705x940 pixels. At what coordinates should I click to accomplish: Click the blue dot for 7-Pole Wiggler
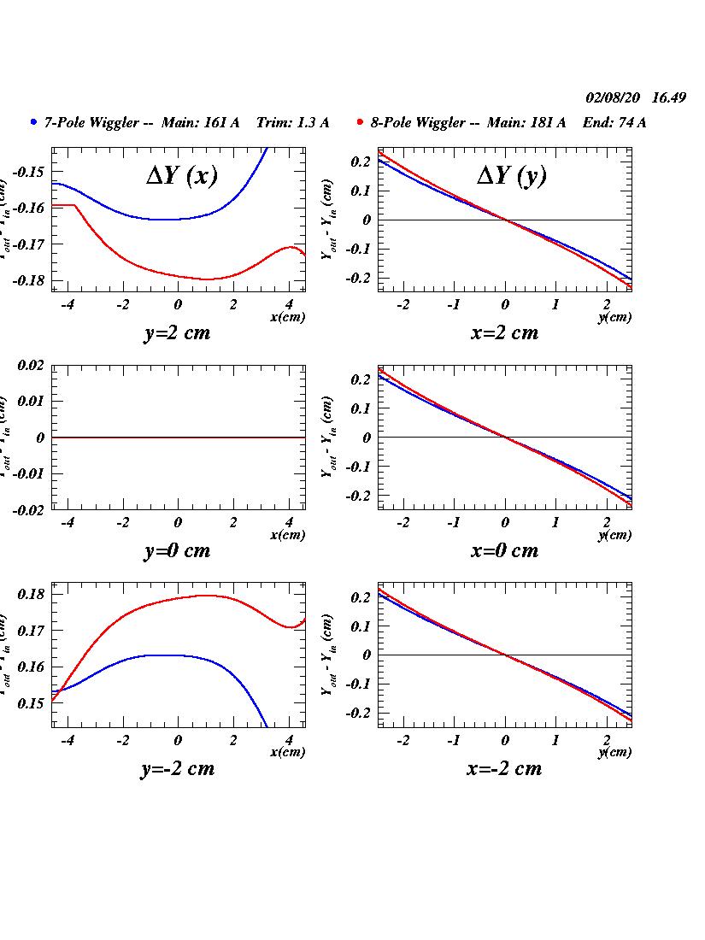33,122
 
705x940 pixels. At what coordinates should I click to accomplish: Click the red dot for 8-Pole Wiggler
361,122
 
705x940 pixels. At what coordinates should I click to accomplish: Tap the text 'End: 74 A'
614,122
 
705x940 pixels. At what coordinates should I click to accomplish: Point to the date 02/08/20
613,97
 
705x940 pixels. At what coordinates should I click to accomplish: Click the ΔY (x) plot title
181,175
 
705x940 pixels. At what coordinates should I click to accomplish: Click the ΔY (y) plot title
511,175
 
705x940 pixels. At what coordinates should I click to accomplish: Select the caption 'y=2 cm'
177,332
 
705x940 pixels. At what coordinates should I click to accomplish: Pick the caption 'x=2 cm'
504,332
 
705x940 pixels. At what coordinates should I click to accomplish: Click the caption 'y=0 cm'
177,550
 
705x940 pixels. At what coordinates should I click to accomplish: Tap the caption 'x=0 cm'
504,550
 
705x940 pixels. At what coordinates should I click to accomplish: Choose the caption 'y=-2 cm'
177,768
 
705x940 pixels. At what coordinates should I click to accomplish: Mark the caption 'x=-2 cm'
504,768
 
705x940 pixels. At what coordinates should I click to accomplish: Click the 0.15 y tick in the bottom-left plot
30,703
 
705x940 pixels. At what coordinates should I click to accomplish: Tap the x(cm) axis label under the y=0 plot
287,535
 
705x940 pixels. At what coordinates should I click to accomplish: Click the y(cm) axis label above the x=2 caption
614,317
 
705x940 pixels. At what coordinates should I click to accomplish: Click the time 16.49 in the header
669,97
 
